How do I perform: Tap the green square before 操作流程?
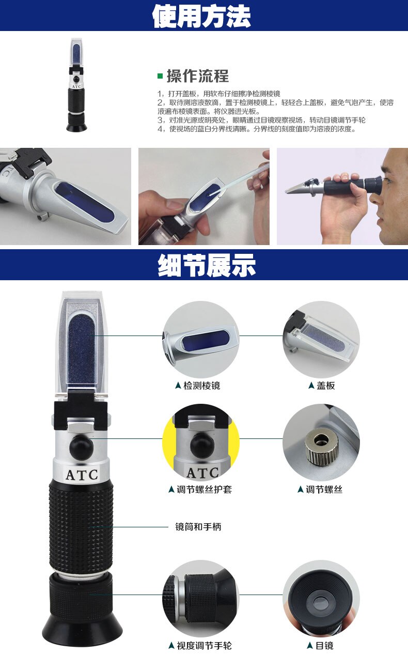pyautogui.click(x=160, y=76)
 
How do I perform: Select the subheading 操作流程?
pyautogui.click(x=197, y=76)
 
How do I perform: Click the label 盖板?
pyautogui.click(x=325, y=386)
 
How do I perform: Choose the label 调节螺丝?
pyautogui.click(x=324, y=489)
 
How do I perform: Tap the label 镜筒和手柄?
pyautogui.click(x=198, y=527)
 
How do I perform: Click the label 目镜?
pyautogui.click(x=324, y=646)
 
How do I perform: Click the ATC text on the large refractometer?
pyautogui.click(x=82, y=474)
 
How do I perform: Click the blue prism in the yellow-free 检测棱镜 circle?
pyautogui.click(x=205, y=340)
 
